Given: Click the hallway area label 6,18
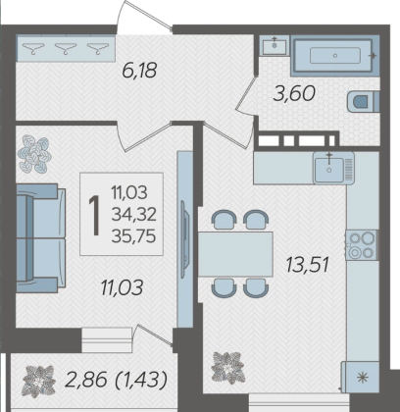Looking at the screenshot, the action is pos(139,71).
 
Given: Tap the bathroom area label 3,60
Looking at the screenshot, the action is pos(294,93).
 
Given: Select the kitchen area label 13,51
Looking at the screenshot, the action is pos(307,265).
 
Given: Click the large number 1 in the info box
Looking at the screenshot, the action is pos(95,215).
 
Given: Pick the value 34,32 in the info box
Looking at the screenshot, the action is pos(133,215).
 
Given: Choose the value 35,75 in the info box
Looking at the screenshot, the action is pos(133,235).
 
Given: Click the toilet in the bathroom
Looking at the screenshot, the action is pos(363,101).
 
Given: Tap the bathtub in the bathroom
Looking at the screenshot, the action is pos(335,56).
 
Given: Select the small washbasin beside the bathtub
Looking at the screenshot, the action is pos(275,45).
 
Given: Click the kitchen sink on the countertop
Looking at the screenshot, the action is pos(333,168).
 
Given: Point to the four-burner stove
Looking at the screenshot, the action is pos(362,245).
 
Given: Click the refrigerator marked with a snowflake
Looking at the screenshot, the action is pos(360,377).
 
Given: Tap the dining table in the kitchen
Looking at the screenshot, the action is pos(235,254).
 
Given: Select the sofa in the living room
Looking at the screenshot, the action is pos(40,237).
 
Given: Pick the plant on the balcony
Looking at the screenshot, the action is pos(38,382).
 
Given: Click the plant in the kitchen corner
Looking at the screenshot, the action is pos(227,368).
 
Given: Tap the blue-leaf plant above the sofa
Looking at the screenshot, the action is pos(34,154).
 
